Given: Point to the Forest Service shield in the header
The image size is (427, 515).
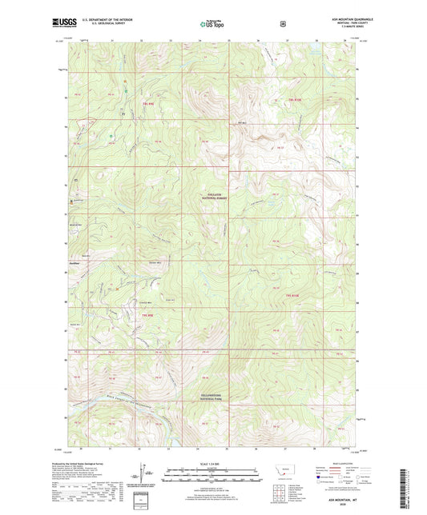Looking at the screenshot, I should [x=282, y=23].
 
